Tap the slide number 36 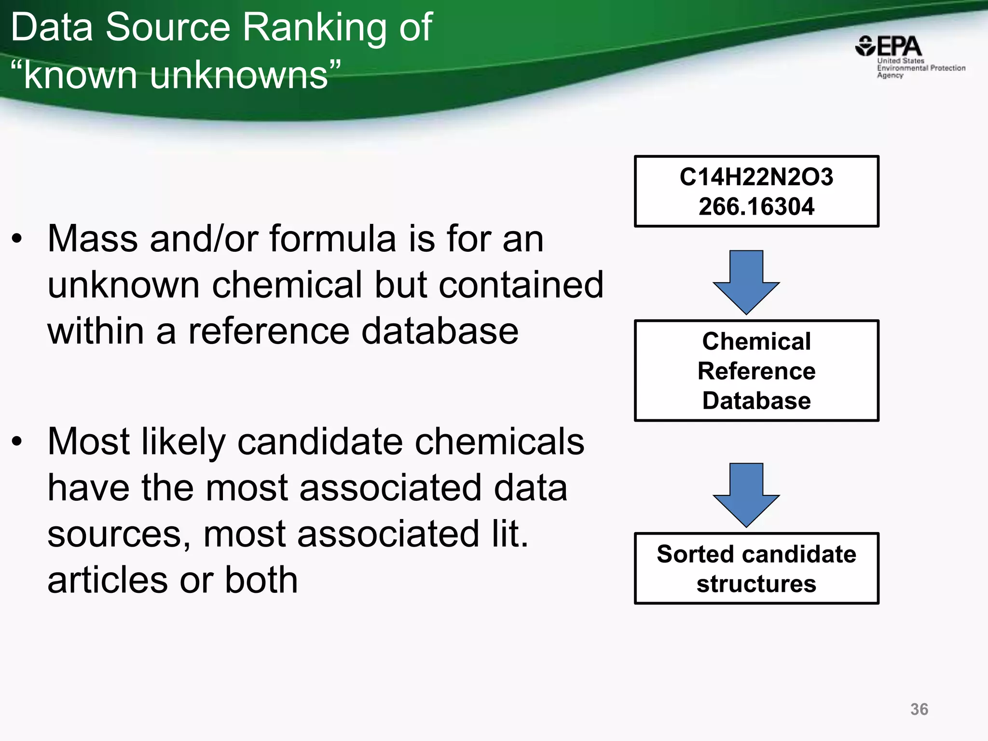[919, 709]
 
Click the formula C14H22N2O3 [756, 177]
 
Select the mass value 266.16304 [756, 206]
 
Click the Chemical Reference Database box [756, 370]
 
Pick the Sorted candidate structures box [756, 568]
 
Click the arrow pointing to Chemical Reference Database [746, 282]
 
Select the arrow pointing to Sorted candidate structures [746, 495]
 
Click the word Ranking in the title [316, 28]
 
